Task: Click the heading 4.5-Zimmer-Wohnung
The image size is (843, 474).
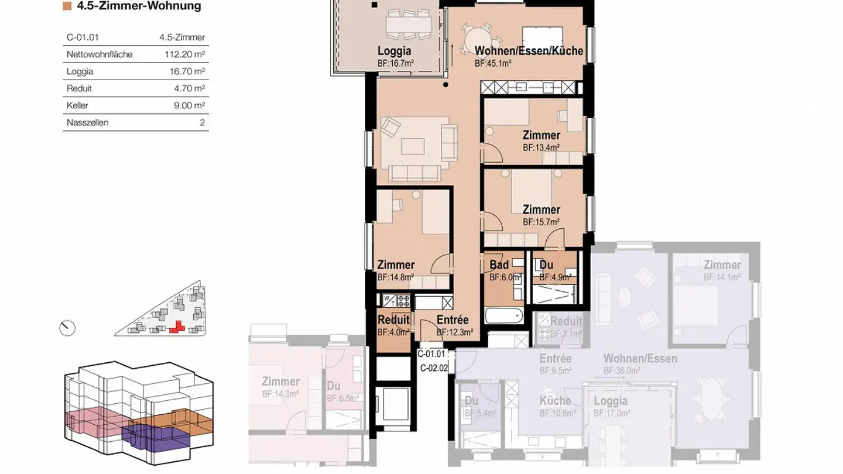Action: click(139, 6)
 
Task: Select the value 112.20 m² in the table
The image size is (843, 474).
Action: click(185, 54)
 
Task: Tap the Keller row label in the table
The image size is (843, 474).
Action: click(78, 106)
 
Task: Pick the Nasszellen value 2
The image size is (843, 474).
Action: click(202, 123)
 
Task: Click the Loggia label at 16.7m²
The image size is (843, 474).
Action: click(394, 51)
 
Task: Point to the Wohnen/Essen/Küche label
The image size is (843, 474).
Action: click(529, 51)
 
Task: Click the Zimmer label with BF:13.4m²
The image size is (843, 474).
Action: click(541, 136)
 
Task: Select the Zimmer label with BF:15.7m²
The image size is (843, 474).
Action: click(541, 209)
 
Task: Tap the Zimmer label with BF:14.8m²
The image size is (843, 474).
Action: click(396, 265)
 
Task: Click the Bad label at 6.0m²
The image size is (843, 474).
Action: click(499, 265)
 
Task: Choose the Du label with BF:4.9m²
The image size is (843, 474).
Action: click(546, 265)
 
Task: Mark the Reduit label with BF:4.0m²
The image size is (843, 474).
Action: click(393, 320)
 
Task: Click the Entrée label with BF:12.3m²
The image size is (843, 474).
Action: click(453, 320)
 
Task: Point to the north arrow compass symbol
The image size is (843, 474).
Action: click(68, 328)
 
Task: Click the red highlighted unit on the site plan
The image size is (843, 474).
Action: click(177, 327)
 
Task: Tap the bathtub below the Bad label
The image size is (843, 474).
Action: click(503, 316)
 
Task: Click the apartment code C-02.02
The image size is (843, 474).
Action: click(434, 368)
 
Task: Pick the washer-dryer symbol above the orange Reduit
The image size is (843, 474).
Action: click(390, 301)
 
